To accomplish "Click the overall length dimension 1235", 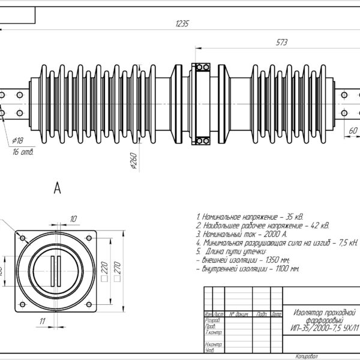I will tap(182, 24).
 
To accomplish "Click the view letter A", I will tap(58, 189).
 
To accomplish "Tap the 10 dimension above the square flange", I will tap(74, 218).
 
